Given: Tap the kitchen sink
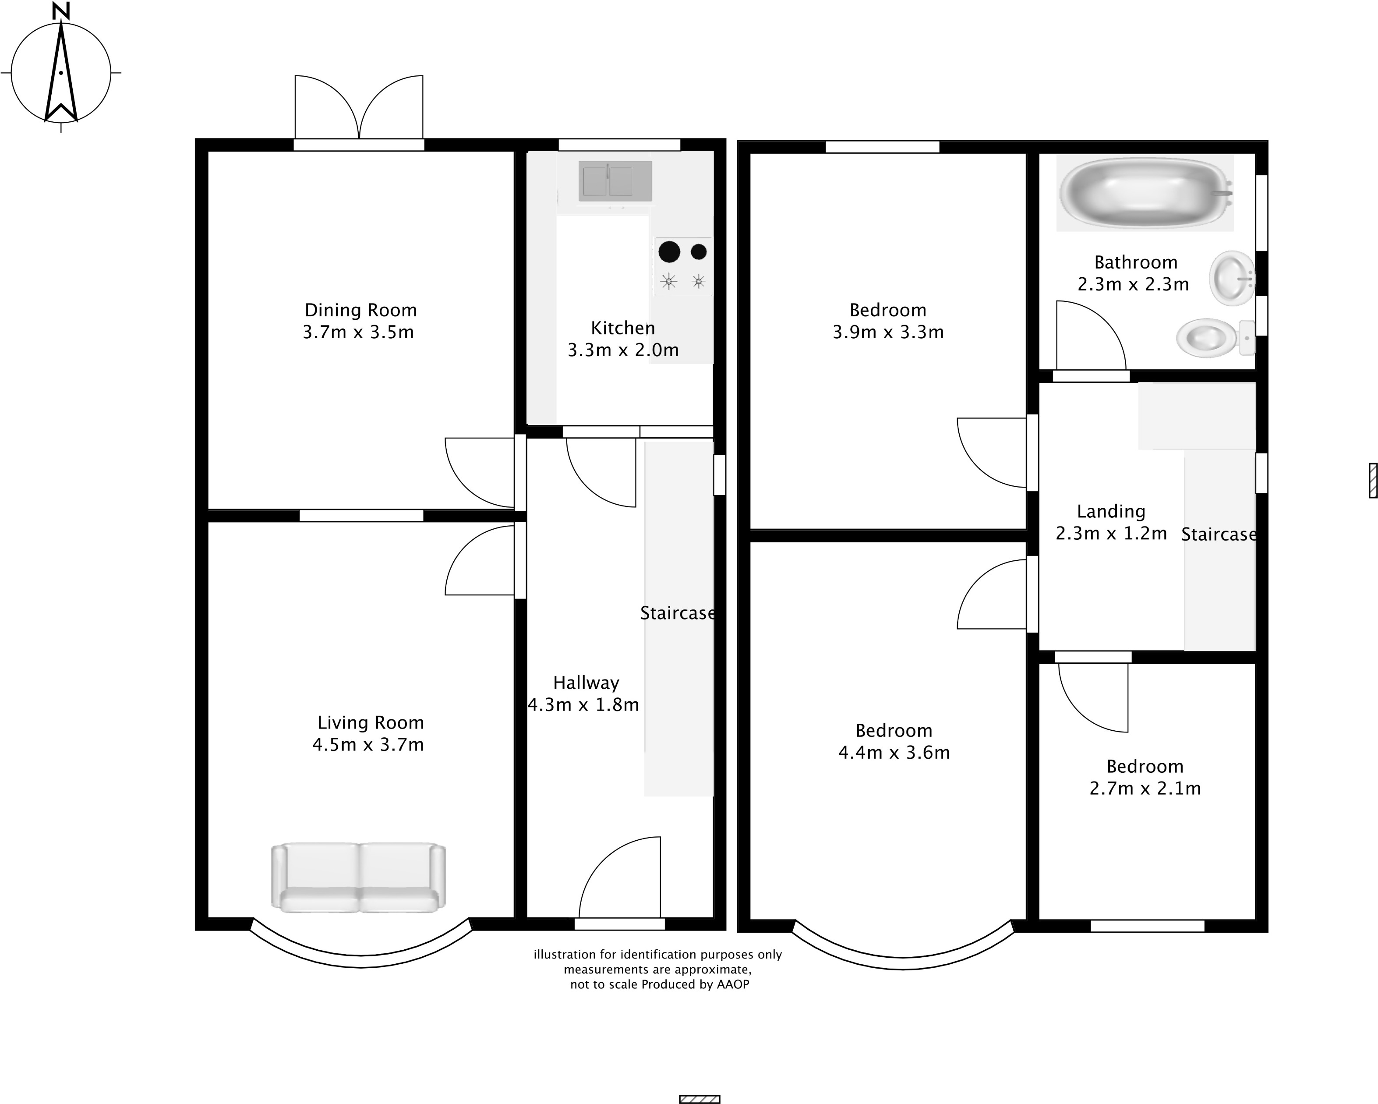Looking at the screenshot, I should pos(615,181).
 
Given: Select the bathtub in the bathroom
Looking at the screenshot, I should pos(1144,192).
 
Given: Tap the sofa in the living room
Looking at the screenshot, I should pos(359,877).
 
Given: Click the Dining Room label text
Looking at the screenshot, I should pos(360,310).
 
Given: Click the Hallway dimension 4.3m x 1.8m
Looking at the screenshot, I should pos(583,704).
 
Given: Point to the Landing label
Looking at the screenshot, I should pos(1111,511).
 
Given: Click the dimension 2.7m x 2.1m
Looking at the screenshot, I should pos(1145,788).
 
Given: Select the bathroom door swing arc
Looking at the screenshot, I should pos(1090,335).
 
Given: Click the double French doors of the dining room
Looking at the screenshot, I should pos(359,109).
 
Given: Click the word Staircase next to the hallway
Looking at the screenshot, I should pos(678,613).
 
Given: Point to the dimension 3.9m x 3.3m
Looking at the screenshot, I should pos(888,332).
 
